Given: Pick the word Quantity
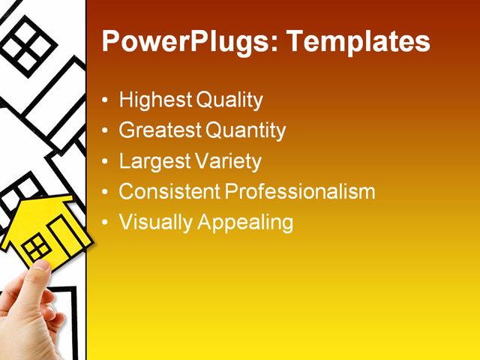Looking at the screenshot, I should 245,130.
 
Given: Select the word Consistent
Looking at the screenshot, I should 169,191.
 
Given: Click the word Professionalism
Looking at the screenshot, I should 300,191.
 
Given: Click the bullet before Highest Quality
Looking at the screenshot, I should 106,100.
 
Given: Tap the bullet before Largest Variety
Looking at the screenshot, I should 106,162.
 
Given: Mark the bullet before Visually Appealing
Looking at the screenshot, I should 106,223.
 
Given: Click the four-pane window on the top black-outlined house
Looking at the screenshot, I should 28,43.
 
